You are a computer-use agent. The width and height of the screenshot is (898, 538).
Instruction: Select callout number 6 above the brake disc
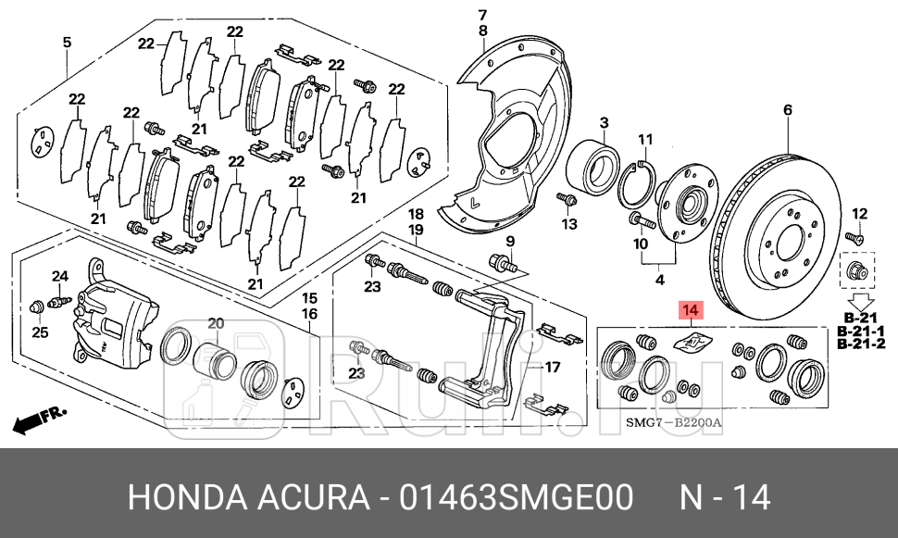point(788,110)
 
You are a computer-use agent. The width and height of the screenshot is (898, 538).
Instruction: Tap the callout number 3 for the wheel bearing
point(603,123)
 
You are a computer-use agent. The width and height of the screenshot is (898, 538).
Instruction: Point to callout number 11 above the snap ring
point(646,140)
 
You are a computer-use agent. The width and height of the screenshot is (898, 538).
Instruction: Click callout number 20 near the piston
point(216,323)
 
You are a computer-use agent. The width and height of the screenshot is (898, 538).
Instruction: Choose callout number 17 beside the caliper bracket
point(552,367)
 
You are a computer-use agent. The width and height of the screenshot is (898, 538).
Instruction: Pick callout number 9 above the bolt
point(508,243)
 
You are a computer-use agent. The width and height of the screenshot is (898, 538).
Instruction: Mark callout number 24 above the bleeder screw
point(60,276)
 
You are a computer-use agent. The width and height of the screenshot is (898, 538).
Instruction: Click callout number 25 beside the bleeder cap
point(39,332)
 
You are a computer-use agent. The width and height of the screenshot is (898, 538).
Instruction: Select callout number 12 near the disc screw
point(858,214)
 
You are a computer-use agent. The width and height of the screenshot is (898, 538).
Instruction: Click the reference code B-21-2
point(861,344)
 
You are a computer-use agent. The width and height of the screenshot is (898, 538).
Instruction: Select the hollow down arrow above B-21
point(861,302)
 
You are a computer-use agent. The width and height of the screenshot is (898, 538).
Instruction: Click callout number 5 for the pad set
point(67,42)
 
